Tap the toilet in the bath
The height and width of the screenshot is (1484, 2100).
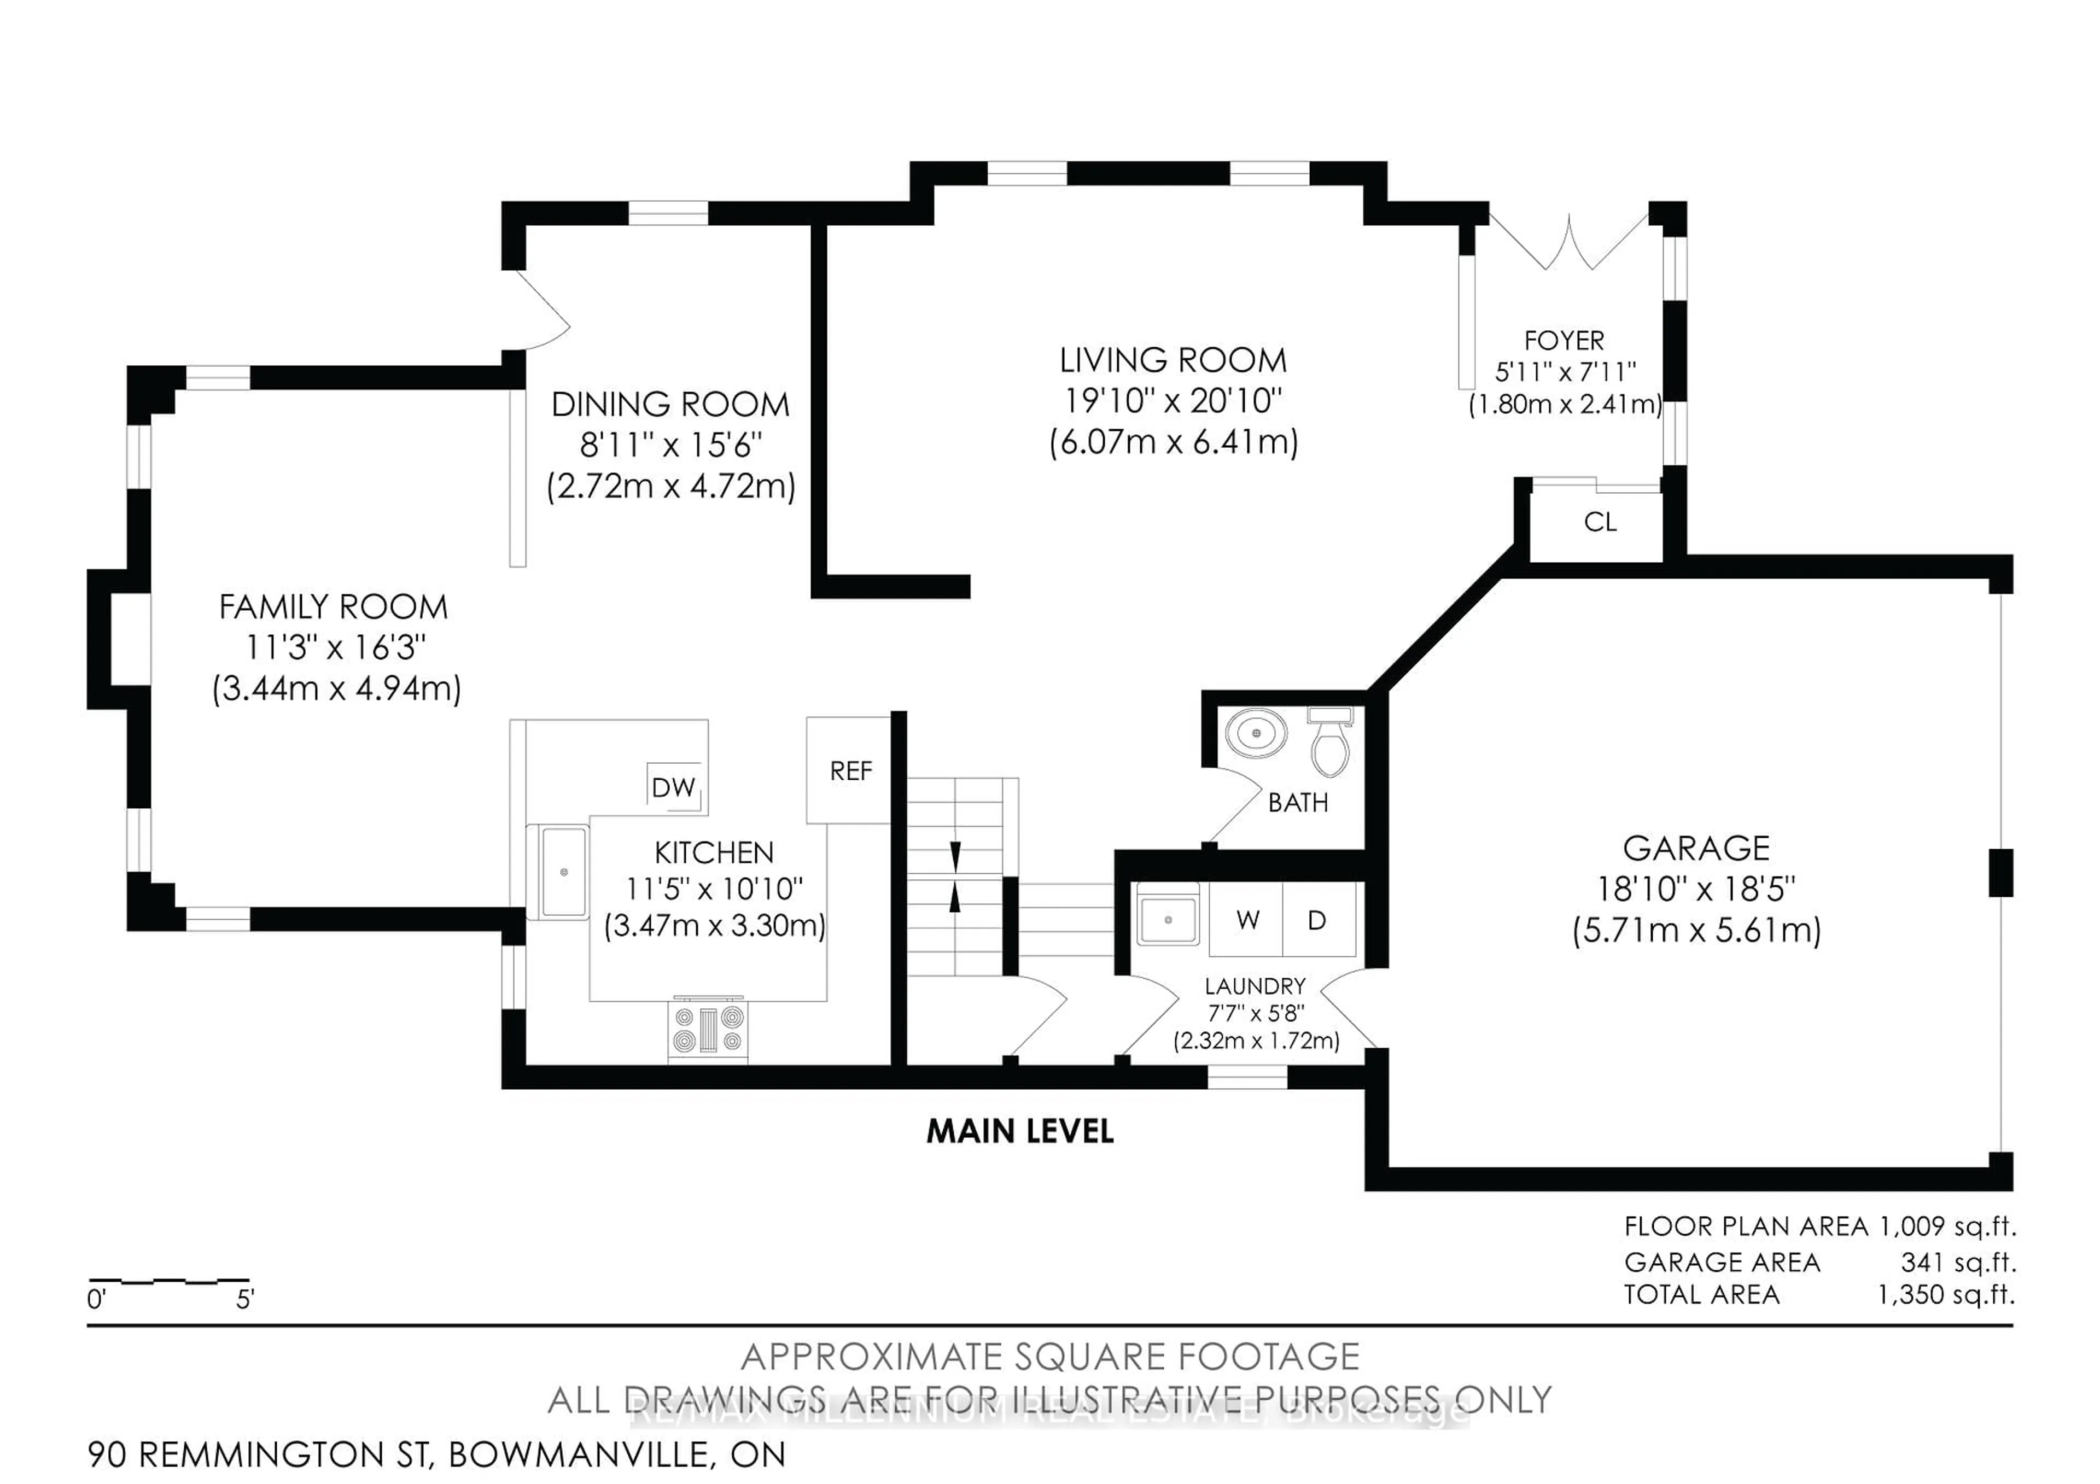(1330, 745)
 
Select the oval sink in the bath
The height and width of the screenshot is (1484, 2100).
(1257, 733)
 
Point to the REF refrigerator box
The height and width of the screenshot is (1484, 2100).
(850, 771)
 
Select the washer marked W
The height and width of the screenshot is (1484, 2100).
(1247, 920)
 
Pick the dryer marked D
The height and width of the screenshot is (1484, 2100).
(1317, 920)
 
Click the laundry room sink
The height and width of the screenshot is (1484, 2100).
(1168, 920)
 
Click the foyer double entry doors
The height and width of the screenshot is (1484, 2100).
(1570, 242)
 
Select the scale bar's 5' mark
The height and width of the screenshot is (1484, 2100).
(245, 1299)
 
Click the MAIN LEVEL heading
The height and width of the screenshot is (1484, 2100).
(1020, 1132)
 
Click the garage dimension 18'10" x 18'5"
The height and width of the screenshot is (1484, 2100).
(1696, 889)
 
